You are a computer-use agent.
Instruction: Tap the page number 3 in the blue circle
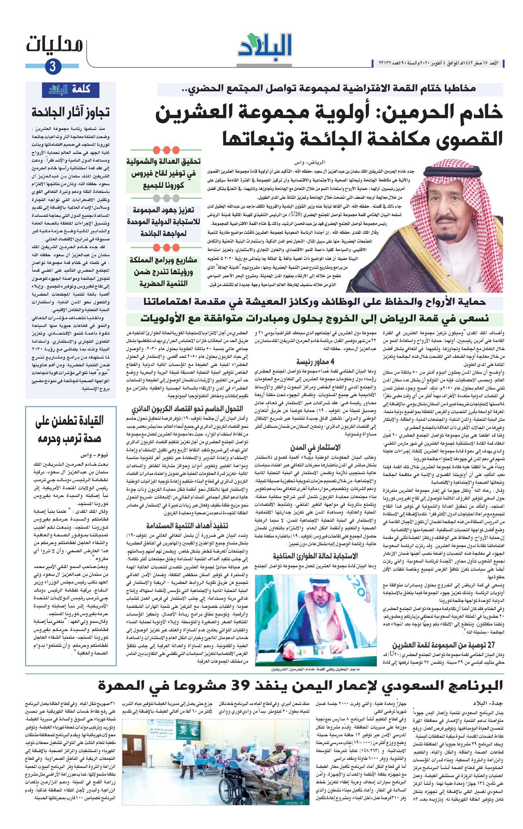(52, 67)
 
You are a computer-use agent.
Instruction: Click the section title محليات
(55, 45)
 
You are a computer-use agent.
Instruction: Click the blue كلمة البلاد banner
(71, 89)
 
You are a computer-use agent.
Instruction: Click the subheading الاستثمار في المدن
(316, 448)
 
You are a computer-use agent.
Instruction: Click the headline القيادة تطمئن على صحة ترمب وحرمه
(70, 430)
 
